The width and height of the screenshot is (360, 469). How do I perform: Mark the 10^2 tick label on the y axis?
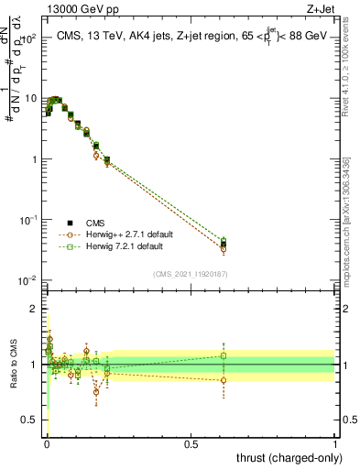[29, 38]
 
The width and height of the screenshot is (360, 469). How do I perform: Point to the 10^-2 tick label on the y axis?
[28, 280]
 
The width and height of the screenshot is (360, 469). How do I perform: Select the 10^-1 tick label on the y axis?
[28, 220]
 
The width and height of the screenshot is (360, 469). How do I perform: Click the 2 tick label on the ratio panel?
[35, 309]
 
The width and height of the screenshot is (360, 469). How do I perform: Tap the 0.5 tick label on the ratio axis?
[30, 420]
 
